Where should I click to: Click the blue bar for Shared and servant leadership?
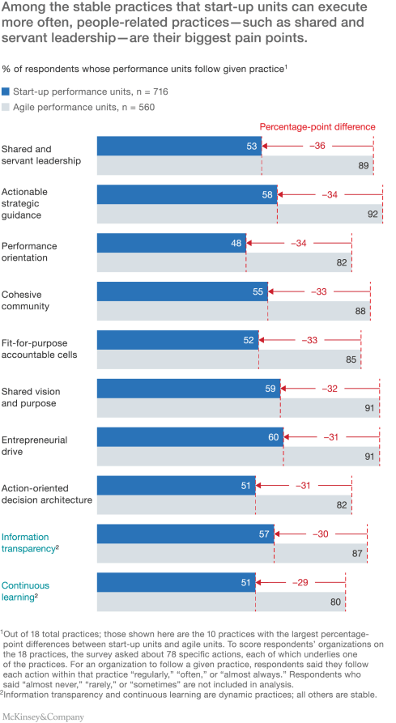(x=178, y=146)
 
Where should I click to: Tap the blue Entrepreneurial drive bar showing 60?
(x=190, y=437)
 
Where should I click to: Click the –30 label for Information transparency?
(x=322, y=534)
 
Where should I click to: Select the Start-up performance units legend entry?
(x=61, y=91)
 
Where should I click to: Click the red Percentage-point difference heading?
(x=317, y=126)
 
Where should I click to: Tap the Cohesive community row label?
(x=26, y=300)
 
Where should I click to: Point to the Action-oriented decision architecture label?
(x=47, y=493)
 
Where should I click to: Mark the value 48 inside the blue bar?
(x=236, y=243)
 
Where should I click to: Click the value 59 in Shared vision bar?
(x=270, y=389)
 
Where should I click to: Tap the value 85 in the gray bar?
(x=351, y=360)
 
